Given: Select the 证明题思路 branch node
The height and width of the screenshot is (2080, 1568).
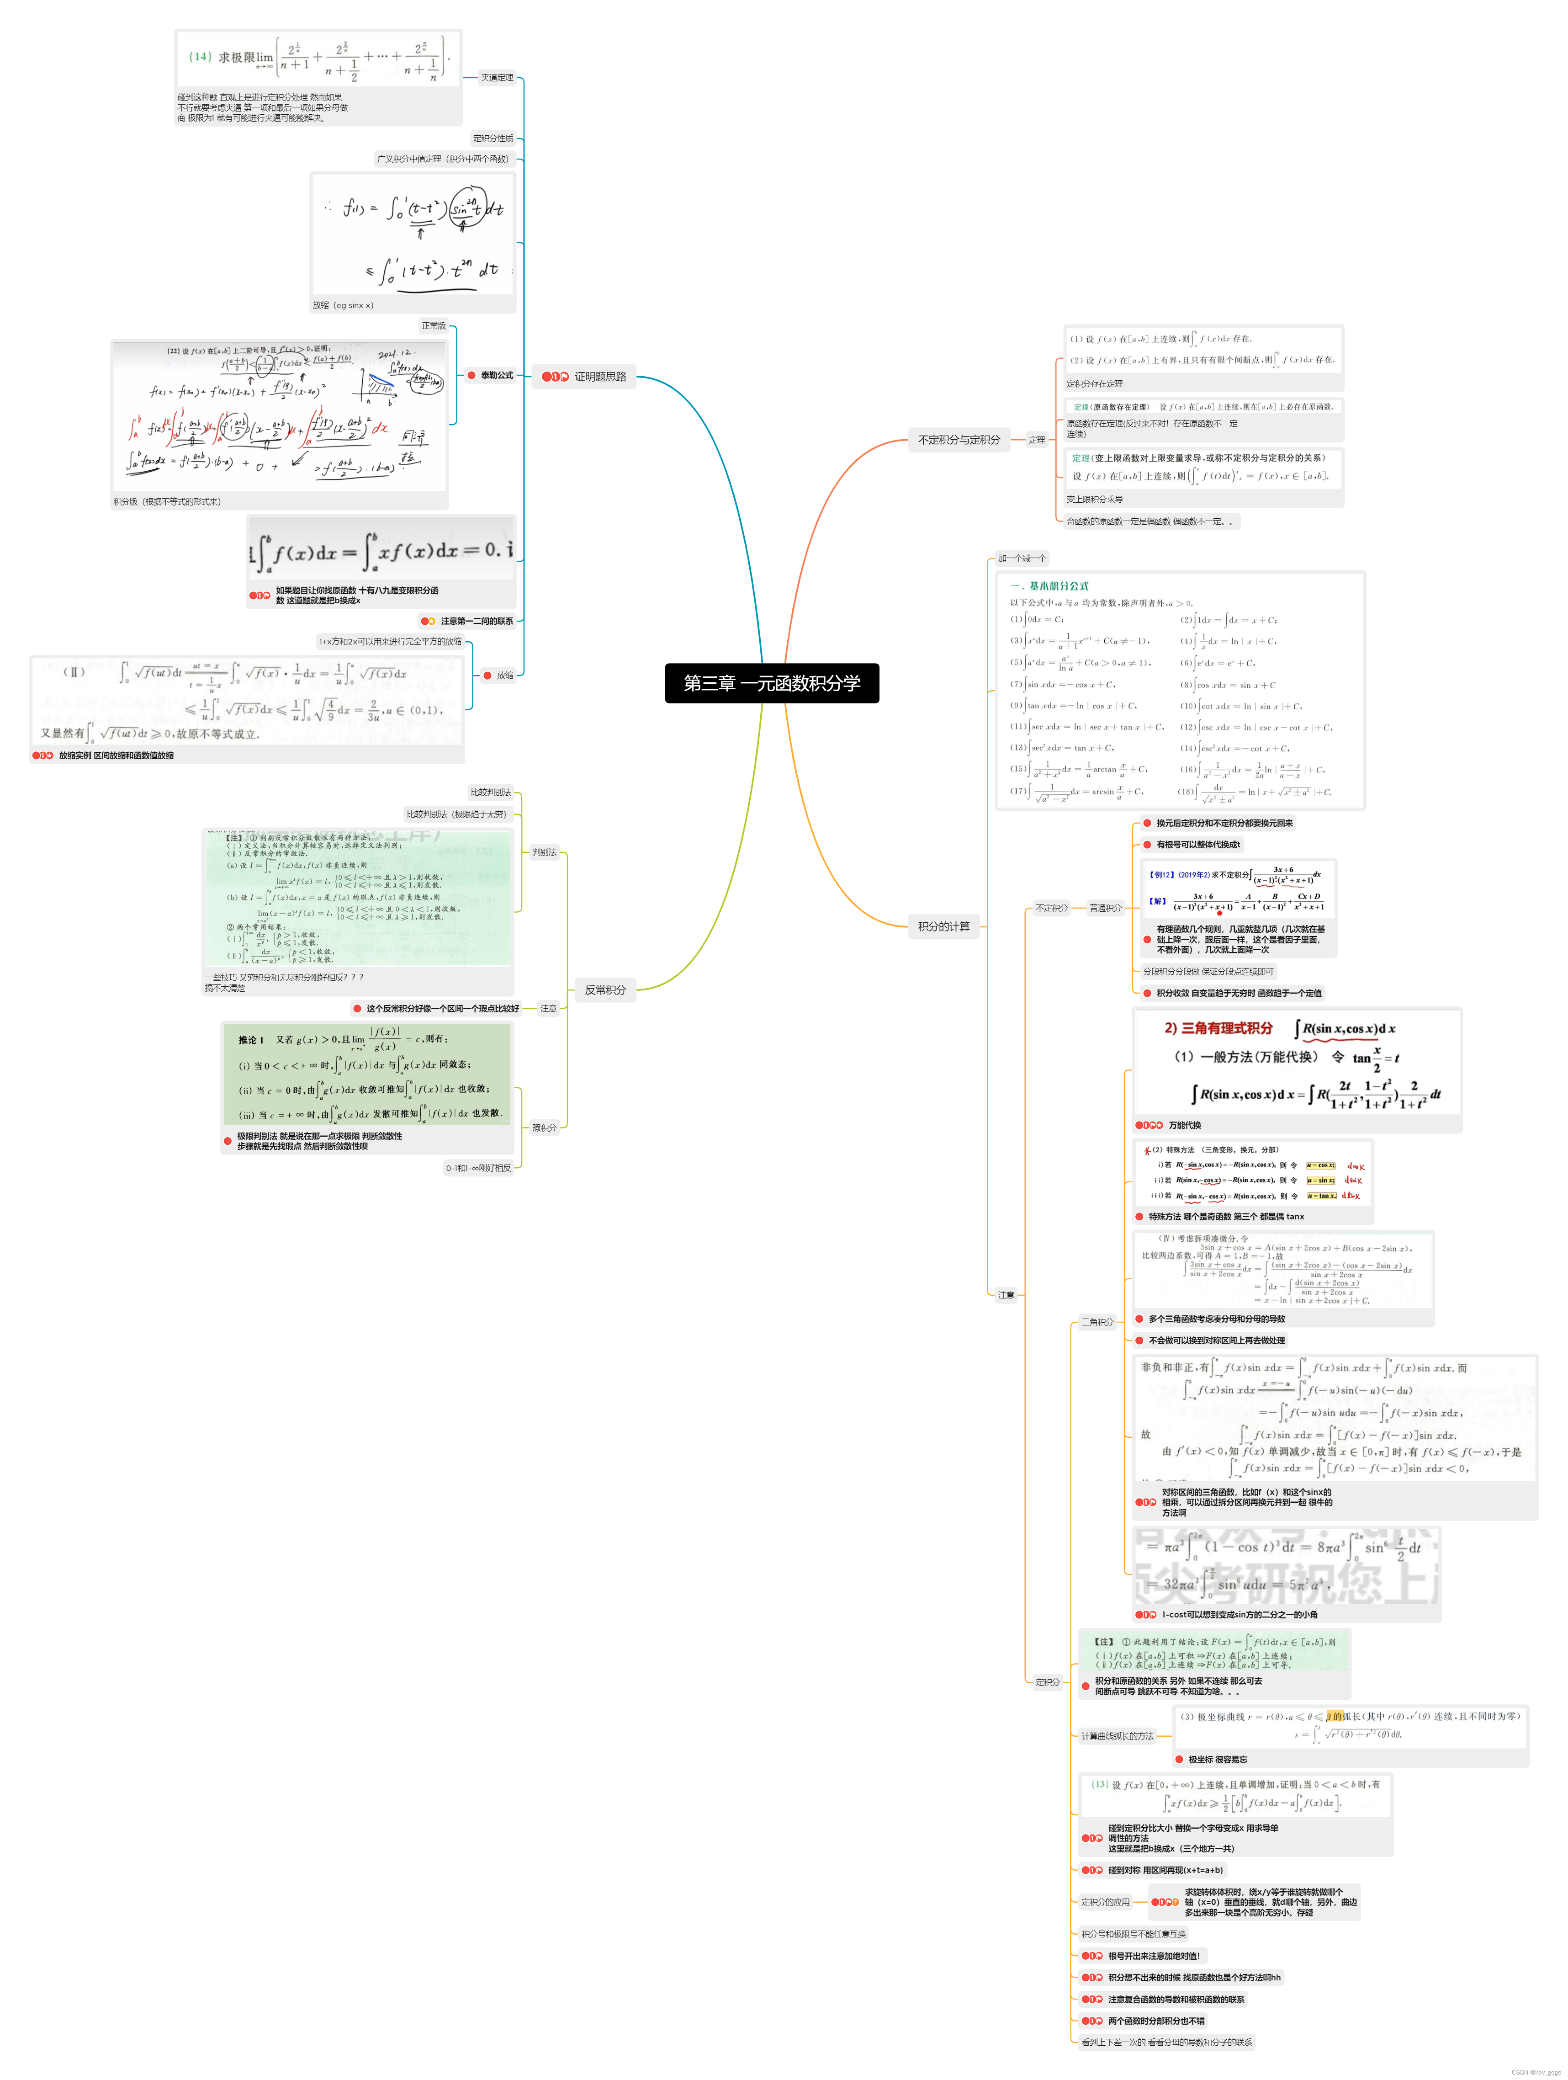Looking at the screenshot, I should click(600, 377).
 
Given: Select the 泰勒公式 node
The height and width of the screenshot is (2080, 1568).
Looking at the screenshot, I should click(496, 375).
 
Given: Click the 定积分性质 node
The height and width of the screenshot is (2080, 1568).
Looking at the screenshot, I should click(493, 138).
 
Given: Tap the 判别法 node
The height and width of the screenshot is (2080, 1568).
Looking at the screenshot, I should click(544, 853).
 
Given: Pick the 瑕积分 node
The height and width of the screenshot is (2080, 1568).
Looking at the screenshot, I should click(544, 1128).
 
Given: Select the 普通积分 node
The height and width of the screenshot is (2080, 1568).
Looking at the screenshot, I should click(1105, 908).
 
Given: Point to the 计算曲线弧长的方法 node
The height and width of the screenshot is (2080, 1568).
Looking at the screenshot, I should click(1117, 1736).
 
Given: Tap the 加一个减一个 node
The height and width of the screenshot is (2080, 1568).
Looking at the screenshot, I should click(1022, 559).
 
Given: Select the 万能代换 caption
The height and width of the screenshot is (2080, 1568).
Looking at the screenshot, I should click(1185, 1126).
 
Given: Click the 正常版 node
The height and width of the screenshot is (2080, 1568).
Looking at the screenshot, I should click(434, 326).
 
